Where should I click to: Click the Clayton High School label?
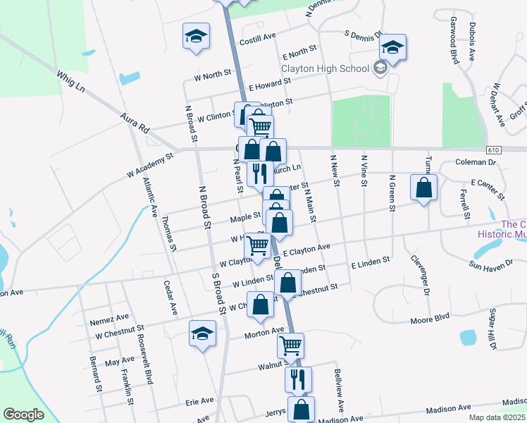325,68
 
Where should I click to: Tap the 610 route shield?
492,150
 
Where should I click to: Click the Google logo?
23,415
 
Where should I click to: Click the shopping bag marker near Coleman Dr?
423,188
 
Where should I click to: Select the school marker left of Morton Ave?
202,333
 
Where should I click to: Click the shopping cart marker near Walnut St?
290,345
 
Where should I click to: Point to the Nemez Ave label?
109,318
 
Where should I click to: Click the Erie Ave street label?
199,400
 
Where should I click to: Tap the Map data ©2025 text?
497,417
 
